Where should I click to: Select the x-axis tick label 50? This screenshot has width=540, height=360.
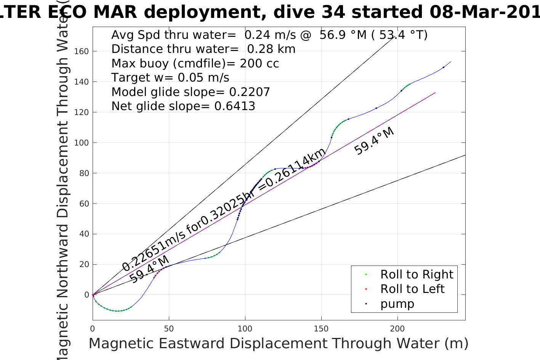point(169,329)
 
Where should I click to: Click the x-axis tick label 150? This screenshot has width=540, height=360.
point(321,329)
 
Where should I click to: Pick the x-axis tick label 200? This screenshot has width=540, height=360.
point(397,329)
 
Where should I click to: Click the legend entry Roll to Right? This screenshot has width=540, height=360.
point(417,274)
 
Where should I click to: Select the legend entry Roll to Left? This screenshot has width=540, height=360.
point(412,289)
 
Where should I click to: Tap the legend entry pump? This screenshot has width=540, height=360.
point(397,304)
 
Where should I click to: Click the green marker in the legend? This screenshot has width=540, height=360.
point(366,274)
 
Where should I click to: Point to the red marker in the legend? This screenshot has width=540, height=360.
point(366,289)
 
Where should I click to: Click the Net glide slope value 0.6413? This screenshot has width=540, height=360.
point(235,106)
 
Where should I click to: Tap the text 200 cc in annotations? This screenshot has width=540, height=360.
point(259,63)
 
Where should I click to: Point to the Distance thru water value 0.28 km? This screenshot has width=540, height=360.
point(271,49)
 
